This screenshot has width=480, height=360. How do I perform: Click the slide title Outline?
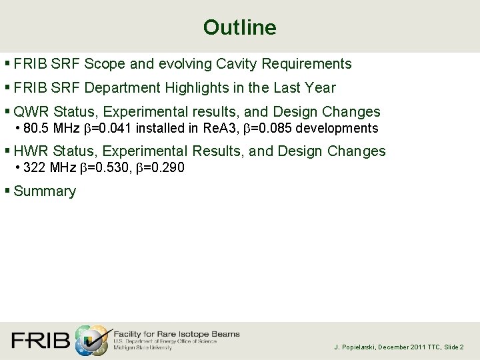[239, 27]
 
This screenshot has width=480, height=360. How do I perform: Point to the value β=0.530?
[105, 167]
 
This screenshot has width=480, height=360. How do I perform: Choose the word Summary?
[45, 191]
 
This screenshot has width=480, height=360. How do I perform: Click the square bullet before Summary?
[7, 191]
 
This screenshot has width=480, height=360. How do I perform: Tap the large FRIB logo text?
[40, 341]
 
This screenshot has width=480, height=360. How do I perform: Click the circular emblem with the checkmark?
[91, 341]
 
